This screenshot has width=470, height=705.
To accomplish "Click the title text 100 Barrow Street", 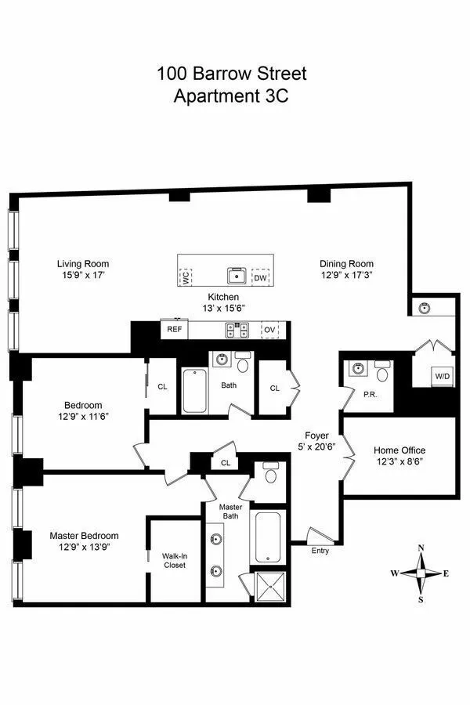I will [x=232, y=74].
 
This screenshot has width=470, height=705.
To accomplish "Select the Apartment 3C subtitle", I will [x=232, y=97].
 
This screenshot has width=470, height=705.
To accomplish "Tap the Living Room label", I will [x=83, y=264].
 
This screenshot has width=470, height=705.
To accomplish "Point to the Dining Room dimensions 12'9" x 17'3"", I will [x=345, y=276].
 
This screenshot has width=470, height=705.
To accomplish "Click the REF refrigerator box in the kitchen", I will [x=175, y=330].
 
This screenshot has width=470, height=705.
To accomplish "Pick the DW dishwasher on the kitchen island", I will [x=259, y=277].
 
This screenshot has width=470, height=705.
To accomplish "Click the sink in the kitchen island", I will [x=236, y=276].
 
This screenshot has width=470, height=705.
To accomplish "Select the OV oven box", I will [x=270, y=330].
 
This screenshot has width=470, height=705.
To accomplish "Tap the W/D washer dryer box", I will [x=443, y=377].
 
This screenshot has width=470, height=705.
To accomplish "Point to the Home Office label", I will [x=399, y=450].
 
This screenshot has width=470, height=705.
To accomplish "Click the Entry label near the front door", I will [x=320, y=551].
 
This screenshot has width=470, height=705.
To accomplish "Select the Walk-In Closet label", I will [x=174, y=559].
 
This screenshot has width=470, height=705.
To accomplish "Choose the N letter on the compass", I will [x=421, y=548].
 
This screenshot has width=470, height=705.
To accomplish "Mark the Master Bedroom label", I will [x=84, y=536].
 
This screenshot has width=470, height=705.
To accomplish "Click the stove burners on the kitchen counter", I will [x=236, y=331].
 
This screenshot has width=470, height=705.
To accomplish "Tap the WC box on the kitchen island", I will [x=185, y=277].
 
